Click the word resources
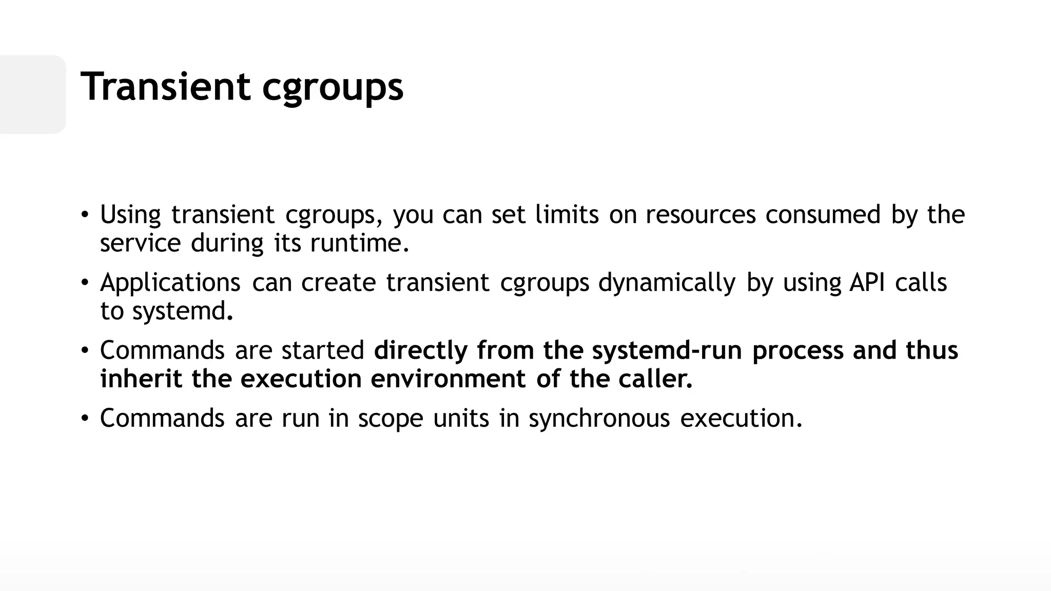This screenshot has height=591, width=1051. [700, 214]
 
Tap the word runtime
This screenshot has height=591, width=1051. [359, 243]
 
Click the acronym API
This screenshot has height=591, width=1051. [867, 282]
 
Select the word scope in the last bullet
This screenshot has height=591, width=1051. [390, 419]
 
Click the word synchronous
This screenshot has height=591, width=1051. [599, 419]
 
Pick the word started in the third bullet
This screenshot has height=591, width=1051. [323, 350]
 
